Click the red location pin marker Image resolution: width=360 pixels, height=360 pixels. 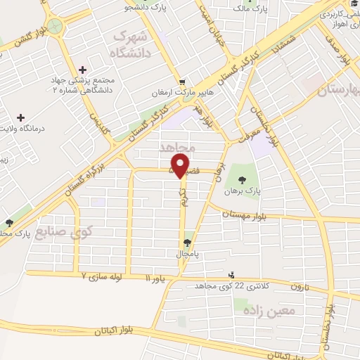click(181, 165)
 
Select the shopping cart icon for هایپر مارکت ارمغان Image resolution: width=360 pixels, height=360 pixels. click(183, 82)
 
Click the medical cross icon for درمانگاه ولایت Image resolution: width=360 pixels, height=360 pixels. click(20, 117)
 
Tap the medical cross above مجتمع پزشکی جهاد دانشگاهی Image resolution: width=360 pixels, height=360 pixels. click(84, 70)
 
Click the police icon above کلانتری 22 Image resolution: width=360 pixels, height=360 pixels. click(232, 276)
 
